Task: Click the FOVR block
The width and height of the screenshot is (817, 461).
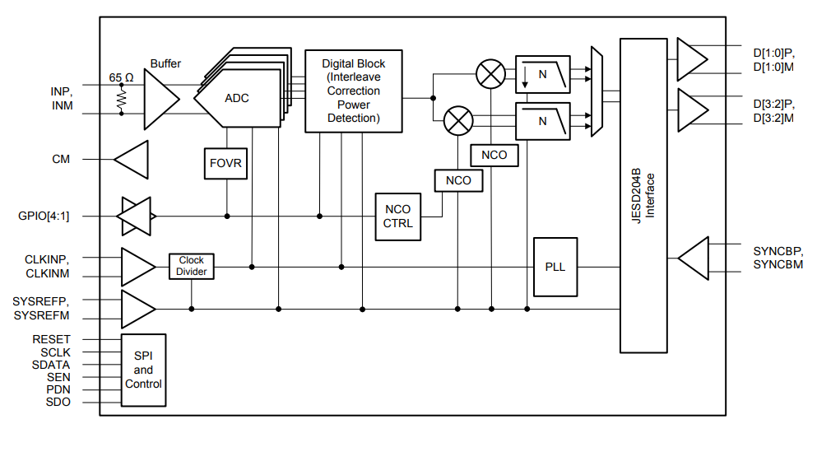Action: [x=225, y=163]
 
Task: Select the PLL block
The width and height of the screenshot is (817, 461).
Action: [x=555, y=267]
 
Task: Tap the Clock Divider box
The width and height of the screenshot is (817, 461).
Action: [x=191, y=266]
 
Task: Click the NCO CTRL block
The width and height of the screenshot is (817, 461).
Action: [x=398, y=217]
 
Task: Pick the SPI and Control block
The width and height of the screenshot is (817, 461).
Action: [x=143, y=370]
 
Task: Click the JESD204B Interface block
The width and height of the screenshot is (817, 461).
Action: [x=643, y=194]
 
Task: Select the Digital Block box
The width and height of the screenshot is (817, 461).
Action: [x=353, y=91]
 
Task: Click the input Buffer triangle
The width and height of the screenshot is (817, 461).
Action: [x=160, y=99]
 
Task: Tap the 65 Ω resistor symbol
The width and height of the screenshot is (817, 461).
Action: [x=121, y=99]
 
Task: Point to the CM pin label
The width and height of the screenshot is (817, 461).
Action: [x=61, y=159]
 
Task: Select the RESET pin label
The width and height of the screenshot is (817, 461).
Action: [x=51, y=339]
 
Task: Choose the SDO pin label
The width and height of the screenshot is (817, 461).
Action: [x=57, y=402]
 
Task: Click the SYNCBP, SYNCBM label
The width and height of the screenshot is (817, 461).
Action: [x=778, y=257]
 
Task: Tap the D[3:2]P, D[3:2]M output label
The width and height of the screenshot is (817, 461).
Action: [x=773, y=110]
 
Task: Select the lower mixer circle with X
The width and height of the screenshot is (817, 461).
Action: [x=457, y=122]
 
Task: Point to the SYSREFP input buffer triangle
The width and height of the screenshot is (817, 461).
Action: [x=137, y=309]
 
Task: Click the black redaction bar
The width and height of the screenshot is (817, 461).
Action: [x=608, y=429]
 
